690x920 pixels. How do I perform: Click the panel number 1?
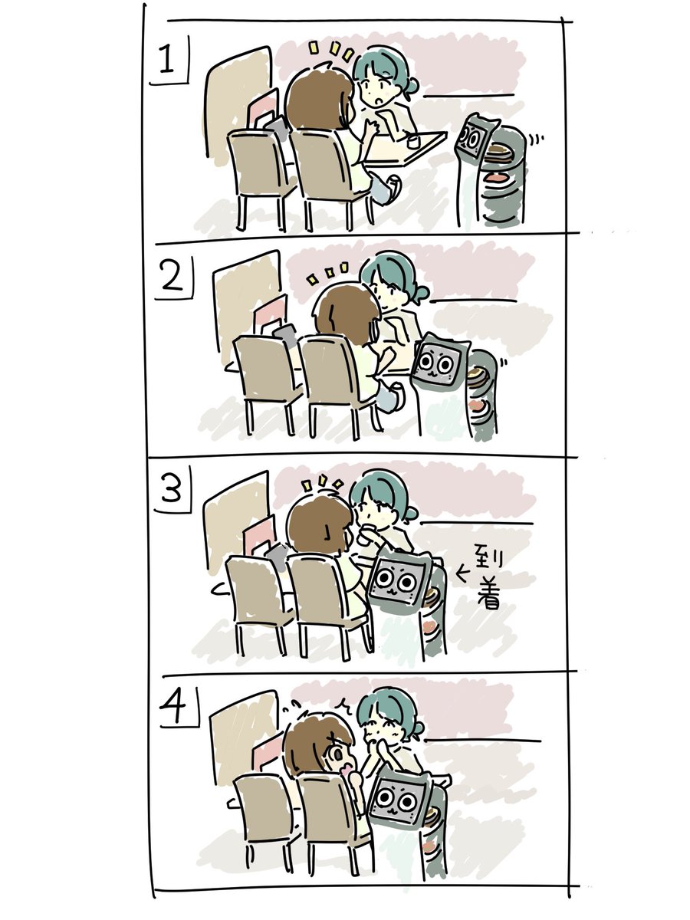click(x=166, y=59)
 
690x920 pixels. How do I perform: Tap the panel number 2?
click(x=172, y=277)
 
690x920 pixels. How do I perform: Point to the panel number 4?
click(x=173, y=707)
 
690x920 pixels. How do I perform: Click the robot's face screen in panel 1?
click(x=472, y=140)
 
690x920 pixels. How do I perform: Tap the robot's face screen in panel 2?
click(x=435, y=364)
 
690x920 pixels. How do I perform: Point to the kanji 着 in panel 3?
click(x=490, y=592)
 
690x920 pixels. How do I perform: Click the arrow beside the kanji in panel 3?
click(x=462, y=573)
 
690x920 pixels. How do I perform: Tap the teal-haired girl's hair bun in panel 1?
click(x=412, y=86)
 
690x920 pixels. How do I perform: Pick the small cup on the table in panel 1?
click(x=414, y=140)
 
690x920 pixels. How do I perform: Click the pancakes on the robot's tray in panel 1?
click(x=501, y=153)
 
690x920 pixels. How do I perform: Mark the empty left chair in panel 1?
click(x=260, y=176)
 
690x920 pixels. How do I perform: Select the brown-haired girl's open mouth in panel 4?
click(x=347, y=770)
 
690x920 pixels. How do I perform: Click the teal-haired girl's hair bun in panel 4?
click(x=417, y=728)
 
